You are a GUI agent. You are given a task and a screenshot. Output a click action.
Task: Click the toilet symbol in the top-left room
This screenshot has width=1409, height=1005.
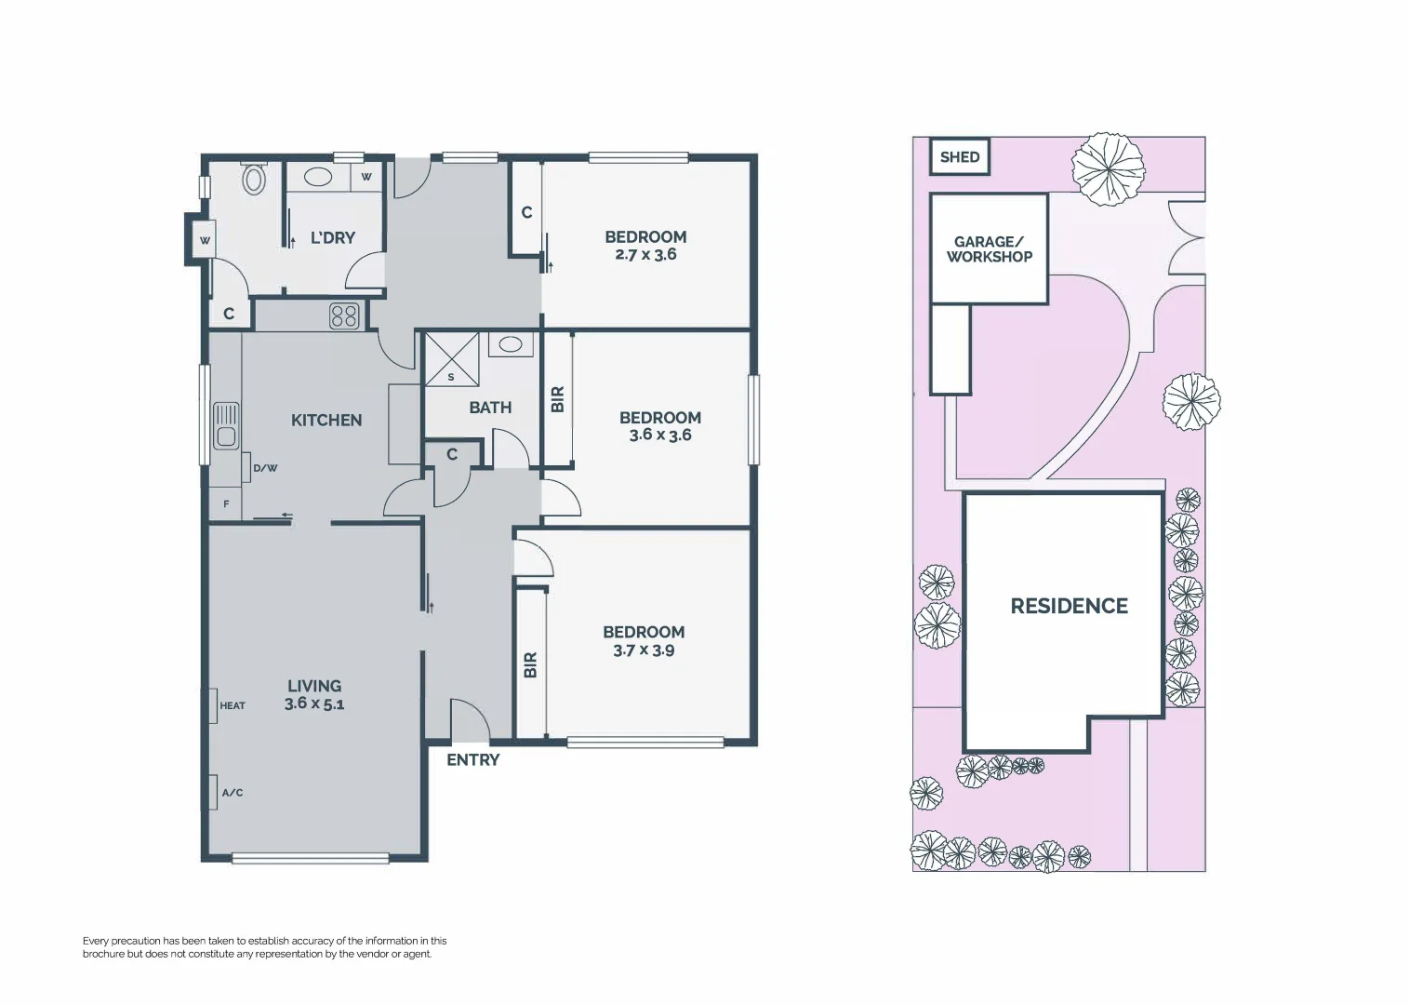coord(254,178)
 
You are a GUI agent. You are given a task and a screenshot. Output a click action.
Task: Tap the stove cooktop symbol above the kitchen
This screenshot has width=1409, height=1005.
coord(344,316)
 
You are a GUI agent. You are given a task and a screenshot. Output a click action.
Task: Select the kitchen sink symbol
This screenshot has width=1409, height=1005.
coord(226,425)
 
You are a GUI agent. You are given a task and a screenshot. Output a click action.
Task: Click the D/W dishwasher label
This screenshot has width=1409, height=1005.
coord(265,468)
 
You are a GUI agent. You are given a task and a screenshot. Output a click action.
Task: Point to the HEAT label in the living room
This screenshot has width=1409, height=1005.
coord(233,705)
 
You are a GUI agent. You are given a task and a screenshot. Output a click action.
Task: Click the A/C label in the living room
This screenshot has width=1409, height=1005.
coord(233,793)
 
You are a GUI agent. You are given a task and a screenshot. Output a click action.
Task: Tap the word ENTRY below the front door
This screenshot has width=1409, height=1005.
coord(472,760)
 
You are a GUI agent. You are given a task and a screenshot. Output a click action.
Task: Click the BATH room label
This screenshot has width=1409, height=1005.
coord(490,408)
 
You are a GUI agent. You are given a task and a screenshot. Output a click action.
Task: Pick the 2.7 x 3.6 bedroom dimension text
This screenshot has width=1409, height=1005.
coord(645,254)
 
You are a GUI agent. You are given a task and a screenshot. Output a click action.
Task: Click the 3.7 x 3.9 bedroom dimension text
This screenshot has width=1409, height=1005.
coord(644,650)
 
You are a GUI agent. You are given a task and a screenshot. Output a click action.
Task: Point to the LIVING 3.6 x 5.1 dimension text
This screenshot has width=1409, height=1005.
coord(314,703)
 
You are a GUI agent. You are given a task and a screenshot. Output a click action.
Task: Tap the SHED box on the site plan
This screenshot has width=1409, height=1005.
coord(960,156)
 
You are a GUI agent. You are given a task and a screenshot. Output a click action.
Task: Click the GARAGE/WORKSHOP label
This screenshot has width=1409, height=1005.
coord(989,249)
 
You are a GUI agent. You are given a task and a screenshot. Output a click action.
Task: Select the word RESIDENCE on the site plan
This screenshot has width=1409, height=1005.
coord(1069,606)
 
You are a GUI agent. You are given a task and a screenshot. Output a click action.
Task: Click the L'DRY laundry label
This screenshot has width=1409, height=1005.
coord(332,237)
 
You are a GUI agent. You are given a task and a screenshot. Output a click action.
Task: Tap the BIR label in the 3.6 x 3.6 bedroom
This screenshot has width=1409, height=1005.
coord(558,399)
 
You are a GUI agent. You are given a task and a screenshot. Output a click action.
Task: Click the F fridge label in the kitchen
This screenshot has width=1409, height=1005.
coord(225,504)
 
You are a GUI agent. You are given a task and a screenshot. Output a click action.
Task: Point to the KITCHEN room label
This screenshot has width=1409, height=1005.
coord(326,421)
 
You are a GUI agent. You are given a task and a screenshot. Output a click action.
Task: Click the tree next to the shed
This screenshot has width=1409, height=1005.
coord(1107,168)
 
